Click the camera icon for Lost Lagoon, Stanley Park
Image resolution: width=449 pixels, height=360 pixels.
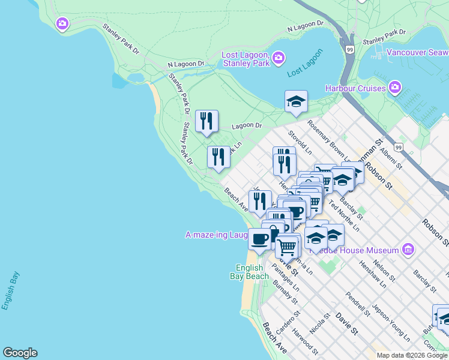(x=277, y=58)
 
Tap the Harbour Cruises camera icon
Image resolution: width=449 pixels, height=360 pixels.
(x=394, y=88)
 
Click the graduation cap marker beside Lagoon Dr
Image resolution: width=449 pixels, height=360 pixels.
(x=296, y=102)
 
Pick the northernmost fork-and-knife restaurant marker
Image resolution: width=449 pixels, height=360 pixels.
(x=206, y=122)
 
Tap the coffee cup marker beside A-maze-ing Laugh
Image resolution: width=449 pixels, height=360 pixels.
(x=259, y=239)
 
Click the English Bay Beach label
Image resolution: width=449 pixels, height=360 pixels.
(x=250, y=272)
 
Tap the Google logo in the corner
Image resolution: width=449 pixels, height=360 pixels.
(x=20, y=353)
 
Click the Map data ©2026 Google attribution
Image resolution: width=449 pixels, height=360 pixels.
(x=412, y=355)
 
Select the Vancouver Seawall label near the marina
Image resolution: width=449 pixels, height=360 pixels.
(x=417, y=52)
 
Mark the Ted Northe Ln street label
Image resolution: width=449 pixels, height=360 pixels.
(x=343, y=216)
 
